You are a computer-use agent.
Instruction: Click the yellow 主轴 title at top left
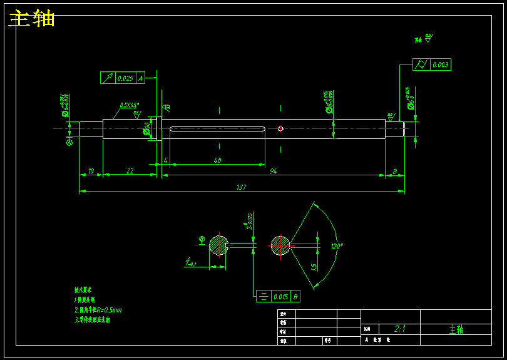[32, 19]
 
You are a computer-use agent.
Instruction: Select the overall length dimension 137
[241, 187]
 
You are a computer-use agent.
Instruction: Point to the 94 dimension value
[273, 171]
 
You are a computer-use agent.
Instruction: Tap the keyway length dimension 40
[217, 160]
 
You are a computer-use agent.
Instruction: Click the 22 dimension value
[130, 171]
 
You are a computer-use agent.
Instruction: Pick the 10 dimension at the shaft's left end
[91, 171]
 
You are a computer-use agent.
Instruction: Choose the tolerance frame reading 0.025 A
[123, 78]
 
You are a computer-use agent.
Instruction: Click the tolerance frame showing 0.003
[432, 64]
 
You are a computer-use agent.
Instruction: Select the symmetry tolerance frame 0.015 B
[279, 296]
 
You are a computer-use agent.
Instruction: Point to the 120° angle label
[337, 246]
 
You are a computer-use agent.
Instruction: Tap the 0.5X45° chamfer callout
[130, 105]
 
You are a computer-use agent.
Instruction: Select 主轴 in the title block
[456, 329]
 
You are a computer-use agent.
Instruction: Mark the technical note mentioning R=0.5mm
[98, 310]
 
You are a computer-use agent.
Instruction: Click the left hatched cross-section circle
[218, 245]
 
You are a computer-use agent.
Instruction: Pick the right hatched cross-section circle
[280, 245]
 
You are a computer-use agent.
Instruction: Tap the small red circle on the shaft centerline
[280, 129]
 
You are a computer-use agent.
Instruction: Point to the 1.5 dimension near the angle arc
[314, 266]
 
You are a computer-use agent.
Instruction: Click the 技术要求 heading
[83, 291]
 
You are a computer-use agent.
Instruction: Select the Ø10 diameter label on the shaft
[147, 128]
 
